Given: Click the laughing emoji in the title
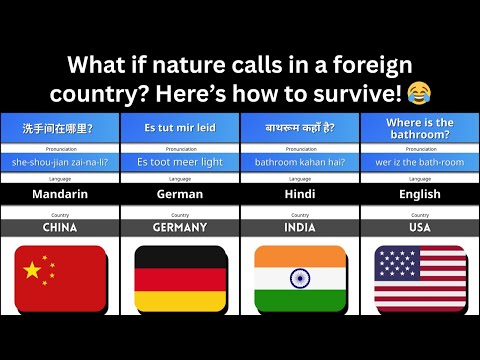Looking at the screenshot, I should (x=421, y=94).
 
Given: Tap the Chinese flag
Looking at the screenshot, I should (x=60, y=275).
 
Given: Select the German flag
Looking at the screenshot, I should (x=180, y=275).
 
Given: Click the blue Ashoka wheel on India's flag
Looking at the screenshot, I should (x=300, y=275).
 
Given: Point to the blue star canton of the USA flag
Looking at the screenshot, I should (x=397, y=263).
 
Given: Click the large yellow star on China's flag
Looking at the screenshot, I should (x=33, y=267).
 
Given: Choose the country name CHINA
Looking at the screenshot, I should (x=60, y=228).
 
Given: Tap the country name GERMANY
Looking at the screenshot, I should (x=180, y=228).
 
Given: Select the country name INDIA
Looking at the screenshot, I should (x=300, y=228).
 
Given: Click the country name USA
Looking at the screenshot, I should (x=420, y=228).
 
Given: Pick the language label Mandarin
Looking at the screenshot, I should (x=60, y=194).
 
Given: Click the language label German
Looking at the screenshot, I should (x=180, y=194).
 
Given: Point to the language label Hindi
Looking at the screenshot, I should (x=300, y=194).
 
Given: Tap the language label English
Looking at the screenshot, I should (x=420, y=194).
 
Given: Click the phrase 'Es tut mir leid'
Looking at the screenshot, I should (x=180, y=128).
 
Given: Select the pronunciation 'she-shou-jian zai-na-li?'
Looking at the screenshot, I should (x=60, y=161).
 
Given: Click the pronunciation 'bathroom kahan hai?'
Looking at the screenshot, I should (x=300, y=161).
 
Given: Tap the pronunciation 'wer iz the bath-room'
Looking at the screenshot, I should (x=420, y=161).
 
